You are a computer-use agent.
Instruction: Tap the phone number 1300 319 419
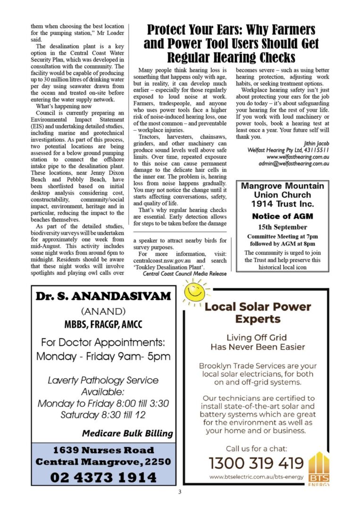(256, 463)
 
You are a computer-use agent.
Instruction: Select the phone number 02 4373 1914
(103, 477)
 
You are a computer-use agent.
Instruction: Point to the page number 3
(180, 492)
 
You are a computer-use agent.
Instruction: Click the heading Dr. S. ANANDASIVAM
(103, 297)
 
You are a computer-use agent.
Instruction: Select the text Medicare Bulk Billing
(127, 433)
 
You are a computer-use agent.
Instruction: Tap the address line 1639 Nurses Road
(103, 450)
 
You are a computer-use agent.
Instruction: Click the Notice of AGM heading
(282, 216)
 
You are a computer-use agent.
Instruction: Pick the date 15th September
(282, 227)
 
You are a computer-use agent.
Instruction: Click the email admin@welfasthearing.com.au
(293, 163)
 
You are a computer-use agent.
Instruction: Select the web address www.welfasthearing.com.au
(297, 157)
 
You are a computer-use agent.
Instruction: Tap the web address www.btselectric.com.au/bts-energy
(257, 477)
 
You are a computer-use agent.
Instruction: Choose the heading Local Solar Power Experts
(258, 313)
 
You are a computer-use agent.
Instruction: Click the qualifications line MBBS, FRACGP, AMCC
(103, 325)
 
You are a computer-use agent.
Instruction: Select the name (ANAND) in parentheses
(103, 312)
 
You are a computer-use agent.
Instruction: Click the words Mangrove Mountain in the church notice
(282, 186)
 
